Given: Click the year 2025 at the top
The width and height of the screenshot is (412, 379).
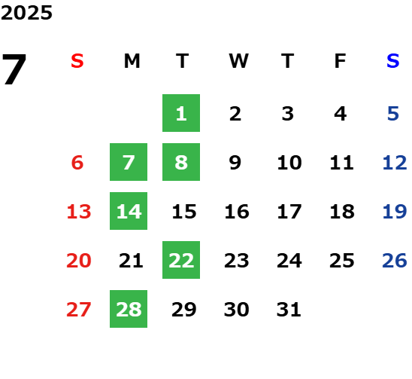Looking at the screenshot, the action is pyautogui.click(x=26, y=13).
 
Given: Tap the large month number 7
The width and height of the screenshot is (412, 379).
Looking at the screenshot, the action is pyautogui.click(x=14, y=69).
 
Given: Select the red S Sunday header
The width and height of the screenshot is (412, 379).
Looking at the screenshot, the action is pyautogui.click(x=77, y=61).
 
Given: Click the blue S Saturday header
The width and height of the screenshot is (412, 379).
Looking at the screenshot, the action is pyautogui.click(x=392, y=61).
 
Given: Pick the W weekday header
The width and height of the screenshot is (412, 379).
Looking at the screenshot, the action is pyautogui.click(x=238, y=61).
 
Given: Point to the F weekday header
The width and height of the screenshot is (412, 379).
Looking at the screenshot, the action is pyautogui.click(x=340, y=61).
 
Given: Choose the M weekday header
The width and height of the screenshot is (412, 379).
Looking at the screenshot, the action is pyautogui.click(x=132, y=61).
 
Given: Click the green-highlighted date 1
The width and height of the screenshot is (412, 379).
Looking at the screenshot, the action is pyautogui.click(x=181, y=113).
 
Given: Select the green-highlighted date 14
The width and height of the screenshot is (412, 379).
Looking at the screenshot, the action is pyautogui.click(x=129, y=211).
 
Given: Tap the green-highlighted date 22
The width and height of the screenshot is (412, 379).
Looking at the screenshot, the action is pyautogui.click(x=181, y=260).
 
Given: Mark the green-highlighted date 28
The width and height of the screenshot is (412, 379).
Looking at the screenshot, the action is pyautogui.click(x=129, y=309).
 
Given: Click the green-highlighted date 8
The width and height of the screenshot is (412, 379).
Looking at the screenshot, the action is pyautogui.click(x=181, y=162).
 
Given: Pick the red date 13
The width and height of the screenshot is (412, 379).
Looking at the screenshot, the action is pyautogui.click(x=79, y=212).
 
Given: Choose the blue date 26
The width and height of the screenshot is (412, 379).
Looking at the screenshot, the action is pyautogui.click(x=395, y=261).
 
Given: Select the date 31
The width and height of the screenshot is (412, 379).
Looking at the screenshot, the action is pyautogui.click(x=289, y=310).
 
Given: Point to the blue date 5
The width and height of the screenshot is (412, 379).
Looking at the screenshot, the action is pyautogui.click(x=393, y=114).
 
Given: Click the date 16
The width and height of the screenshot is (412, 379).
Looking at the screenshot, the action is pyautogui.click(x=237, y=212).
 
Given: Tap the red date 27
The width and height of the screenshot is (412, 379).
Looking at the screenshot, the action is pyautogui.click(x=79, y=310).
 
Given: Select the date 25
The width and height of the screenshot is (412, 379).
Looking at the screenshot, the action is pyautogui.click(x=342, y=261).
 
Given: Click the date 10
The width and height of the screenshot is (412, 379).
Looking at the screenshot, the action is pyautogui.click(x=289, y=163).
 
